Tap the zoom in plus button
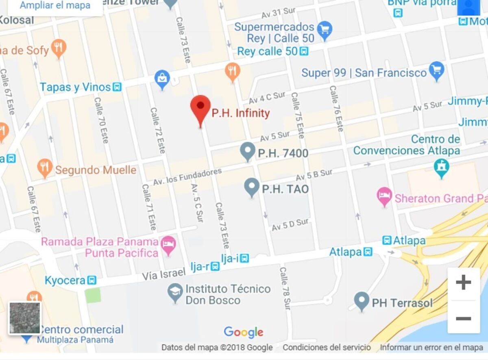463,282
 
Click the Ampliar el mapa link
55,6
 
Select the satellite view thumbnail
25,318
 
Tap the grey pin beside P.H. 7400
248,151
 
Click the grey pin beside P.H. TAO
252,187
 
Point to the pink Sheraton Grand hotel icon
384,197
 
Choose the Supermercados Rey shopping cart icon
325,30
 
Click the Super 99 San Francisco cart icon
437,71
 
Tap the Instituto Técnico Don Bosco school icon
175,293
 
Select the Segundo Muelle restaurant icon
45,168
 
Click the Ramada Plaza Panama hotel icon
168,245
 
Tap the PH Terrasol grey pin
362,301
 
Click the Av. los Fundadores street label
187,177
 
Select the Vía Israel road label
163,275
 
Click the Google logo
244,332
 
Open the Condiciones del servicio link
327,347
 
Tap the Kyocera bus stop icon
92,280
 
